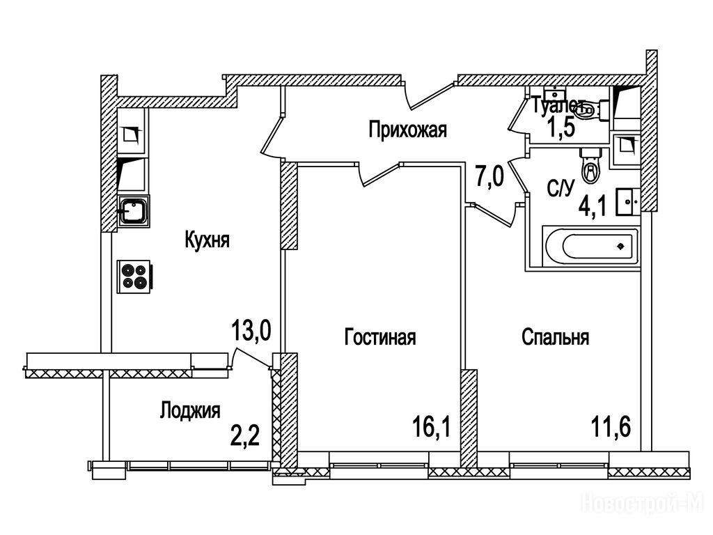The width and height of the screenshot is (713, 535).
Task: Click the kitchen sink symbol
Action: pyautogui.click(x=132, y=211)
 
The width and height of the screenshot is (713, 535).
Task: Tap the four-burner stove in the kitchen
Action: pyautogui.click(x=135, y=274)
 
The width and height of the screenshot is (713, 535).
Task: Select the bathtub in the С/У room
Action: pyautogui.click(x=589, y=246)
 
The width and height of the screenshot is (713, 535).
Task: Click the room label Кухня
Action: pyautogui.click(x=207, y=240)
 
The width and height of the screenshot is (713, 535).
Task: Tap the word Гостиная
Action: pyautogui.click(x=380, y=338)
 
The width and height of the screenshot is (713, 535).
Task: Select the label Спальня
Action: pyautogui.click(x=555, y=338)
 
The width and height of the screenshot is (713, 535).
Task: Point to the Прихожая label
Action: pyautogui.click(x=407, y=130)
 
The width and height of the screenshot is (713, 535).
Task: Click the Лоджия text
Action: pyautogui.click(x=189, y=410)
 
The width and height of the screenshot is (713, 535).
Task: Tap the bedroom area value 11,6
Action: pyautogui.click(x=611, y=424)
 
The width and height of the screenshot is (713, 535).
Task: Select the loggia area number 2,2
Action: pyautogui.click(x=245, y=436)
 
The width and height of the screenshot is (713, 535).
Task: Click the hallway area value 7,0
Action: pyautogui.click(x=489, y=177)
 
